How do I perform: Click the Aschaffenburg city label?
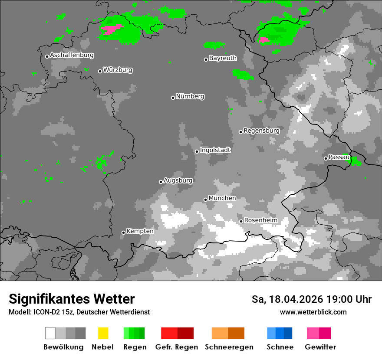72,56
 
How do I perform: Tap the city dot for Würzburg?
100,71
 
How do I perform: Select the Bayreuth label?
223,58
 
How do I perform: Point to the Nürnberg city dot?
173,98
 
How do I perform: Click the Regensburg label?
261,131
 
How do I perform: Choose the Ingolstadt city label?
215,150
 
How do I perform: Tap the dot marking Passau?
326,158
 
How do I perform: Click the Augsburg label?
178,180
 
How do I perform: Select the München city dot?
205,200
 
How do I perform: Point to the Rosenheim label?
260,220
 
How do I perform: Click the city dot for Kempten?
123,232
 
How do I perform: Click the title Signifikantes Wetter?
72,299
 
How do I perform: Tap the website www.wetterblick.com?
313,312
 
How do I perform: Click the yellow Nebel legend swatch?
103,333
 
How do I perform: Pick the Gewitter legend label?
320,347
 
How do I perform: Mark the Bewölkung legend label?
63,347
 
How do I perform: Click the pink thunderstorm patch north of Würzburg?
111,29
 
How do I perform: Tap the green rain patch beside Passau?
356,161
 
